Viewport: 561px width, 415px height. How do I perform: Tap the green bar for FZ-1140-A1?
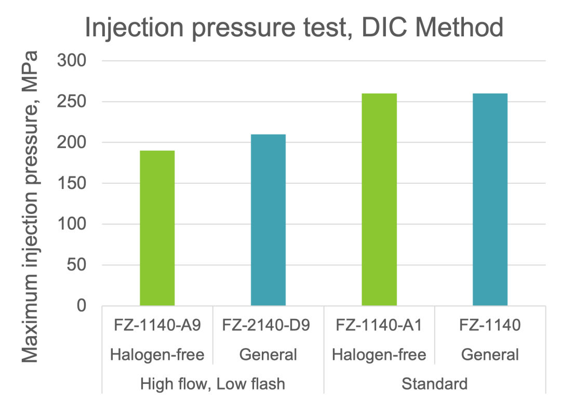pos(380,199)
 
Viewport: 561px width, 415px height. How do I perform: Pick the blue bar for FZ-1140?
pos(490,199)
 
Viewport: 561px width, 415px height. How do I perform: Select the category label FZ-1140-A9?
pos(157,326)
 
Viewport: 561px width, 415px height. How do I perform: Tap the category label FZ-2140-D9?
pos(268,326)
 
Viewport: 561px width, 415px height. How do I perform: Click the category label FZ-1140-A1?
pos(380,326)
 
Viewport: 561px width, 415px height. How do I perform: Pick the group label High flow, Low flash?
pos(212,384)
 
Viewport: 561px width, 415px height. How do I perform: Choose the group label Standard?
pos(435,384)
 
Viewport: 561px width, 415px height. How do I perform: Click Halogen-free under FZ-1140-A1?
pos(380,355)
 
